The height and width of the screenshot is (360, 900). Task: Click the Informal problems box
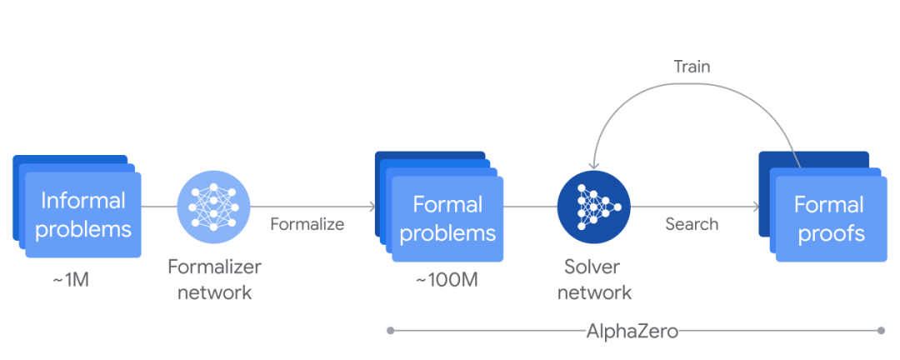tap(82, 214)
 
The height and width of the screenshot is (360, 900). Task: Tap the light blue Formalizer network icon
tap(213, 206)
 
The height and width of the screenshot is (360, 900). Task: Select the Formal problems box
tap(447, 218)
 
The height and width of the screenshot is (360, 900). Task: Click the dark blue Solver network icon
tap(593, 206)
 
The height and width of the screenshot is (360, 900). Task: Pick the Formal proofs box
tap(828, 218)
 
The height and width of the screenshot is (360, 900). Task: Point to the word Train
tap(692, 67)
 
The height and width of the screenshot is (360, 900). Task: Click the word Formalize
tap(307, 224)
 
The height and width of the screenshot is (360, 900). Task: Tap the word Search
tap(692, 224)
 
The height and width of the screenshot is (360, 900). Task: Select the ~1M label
tap(70, 279)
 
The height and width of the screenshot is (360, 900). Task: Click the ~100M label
tap(447, 279)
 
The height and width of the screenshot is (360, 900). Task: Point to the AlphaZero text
tap(632, 331)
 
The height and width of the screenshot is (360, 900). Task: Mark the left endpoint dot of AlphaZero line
tap(390, 331)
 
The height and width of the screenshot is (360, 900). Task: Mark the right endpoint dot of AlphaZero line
tap(880, 331)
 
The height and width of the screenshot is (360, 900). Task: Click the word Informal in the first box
tap(82, 201)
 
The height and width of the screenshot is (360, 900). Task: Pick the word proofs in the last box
tap(831, 233)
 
